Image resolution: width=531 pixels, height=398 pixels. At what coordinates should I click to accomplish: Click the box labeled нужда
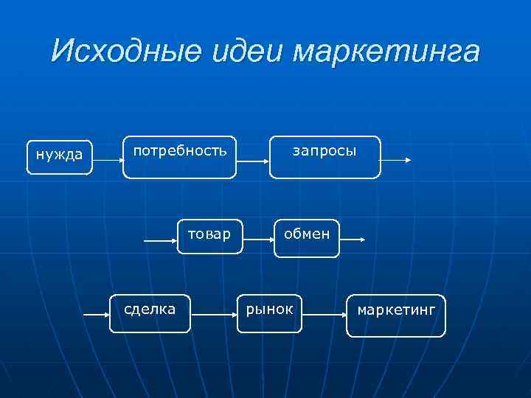point(60,156)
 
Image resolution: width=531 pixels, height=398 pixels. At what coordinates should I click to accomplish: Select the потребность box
point(179,157)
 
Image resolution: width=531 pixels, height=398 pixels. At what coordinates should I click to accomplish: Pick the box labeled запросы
point(324,157)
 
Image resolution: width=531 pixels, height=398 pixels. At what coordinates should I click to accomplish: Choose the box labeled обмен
point(307,237)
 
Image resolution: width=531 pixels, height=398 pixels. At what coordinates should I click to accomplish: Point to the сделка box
point(151,313)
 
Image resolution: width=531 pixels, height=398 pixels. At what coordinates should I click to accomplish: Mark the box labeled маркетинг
point(396,315)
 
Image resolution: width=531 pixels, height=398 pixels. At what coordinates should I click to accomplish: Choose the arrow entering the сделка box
point(97,315)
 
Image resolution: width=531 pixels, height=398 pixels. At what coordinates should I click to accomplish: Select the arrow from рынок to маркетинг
point(324,315)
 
